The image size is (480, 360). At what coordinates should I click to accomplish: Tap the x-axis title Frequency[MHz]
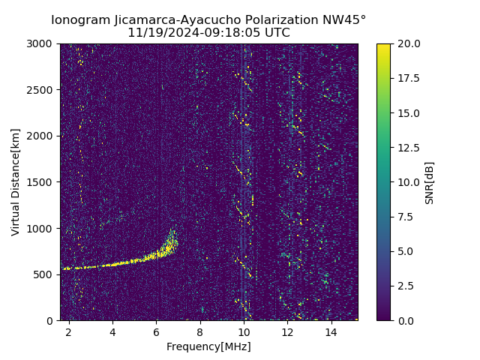pos(208,346)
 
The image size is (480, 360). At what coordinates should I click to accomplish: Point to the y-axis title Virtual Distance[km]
pos(15,182)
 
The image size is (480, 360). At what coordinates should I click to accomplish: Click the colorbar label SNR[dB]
pos(430,182)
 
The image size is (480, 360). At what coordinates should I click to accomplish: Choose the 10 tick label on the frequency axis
pos(243,331)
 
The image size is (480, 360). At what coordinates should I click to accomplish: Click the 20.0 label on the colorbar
pos(408,43)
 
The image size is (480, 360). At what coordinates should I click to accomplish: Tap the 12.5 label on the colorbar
pos(408,148)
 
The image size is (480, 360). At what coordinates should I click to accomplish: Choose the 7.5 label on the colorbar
pos(405,217)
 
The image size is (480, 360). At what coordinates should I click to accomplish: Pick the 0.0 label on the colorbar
pos(405,320)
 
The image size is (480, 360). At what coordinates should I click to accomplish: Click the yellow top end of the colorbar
pos(383,46)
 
